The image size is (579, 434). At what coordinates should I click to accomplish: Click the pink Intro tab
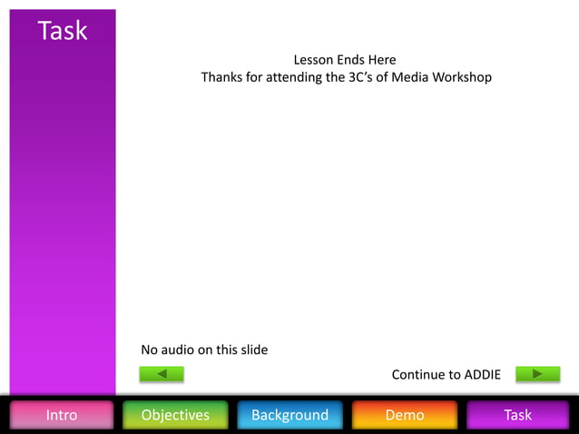[x=62, y=415]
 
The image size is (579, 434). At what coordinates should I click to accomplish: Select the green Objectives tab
[x=175, y=415]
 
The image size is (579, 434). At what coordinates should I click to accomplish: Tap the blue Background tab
[x=289, y=415]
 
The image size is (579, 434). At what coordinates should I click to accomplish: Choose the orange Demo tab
[x=405, y=415]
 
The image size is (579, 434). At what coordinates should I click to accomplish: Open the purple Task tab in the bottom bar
[x=517, y=415]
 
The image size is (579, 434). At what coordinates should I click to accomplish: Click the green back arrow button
[x=162, y=374]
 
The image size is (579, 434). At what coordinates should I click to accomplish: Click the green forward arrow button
[x=537, y=374]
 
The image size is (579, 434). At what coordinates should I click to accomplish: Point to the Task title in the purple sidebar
[x=63, y=31]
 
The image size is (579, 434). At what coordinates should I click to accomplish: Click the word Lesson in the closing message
[x=313, y=60]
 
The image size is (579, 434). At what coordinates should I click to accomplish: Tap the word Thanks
[x=221, y=77]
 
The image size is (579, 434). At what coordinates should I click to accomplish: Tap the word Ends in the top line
[x=351, y=60]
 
